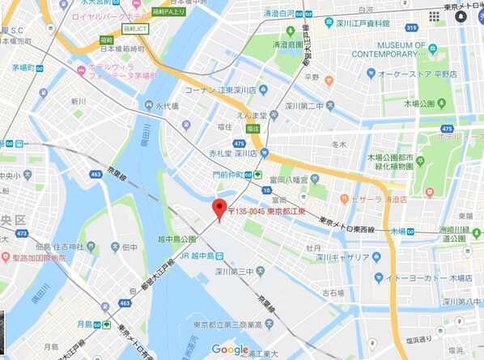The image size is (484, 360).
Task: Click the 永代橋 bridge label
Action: tap(166, 106)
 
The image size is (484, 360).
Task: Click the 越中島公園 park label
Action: tap(176, 239)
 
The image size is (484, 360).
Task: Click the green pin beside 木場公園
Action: tap(445, 129)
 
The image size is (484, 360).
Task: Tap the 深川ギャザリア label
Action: tap(342, 257)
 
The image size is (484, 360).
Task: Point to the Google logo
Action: tap(230, 349)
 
